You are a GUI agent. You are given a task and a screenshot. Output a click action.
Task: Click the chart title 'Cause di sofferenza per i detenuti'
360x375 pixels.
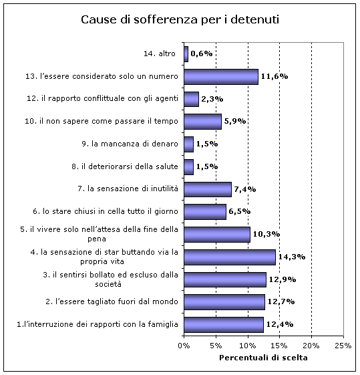pos(180,19)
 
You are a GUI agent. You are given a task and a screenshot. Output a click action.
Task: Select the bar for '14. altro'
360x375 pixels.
pos(186,54)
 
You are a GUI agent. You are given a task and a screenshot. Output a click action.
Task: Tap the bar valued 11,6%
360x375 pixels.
pos(221,77)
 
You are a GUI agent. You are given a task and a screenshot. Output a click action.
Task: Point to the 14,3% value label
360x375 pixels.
pos(292,257)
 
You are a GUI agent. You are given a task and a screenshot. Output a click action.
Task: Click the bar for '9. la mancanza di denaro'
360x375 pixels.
pos(189,144)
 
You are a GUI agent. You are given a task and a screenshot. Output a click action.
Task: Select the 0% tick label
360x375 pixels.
pos(184,346)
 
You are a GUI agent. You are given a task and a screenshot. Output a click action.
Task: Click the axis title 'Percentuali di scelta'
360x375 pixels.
pos(264,358)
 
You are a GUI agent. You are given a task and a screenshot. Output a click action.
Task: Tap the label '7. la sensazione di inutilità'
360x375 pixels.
pos(128,189)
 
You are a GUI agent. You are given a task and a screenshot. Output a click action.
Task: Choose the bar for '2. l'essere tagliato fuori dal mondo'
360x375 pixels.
pos(224,302)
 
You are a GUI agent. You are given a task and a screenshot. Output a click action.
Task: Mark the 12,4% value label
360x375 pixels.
pos(280,324)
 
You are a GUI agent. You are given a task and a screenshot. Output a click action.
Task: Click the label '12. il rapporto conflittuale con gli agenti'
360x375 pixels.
pos(102,98)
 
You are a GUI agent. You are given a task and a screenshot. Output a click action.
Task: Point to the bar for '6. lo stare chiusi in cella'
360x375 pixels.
pos(205,212)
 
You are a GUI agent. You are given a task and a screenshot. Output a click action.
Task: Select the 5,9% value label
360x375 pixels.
pos(235,121)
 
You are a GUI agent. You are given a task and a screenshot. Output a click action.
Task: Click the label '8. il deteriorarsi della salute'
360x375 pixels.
pos(125,166)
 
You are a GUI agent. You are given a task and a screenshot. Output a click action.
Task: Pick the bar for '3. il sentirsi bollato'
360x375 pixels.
pos(225,279)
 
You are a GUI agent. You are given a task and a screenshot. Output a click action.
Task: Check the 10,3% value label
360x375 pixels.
pos(266,234)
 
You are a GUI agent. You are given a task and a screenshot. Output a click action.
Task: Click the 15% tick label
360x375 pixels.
pos(280,346)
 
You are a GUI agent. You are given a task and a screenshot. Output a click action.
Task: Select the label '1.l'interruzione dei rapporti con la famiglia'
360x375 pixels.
pos(98,324)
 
